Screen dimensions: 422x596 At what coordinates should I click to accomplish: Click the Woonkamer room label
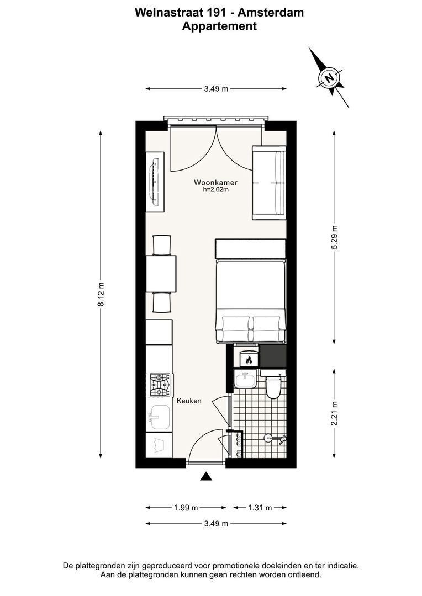tap(215, 183)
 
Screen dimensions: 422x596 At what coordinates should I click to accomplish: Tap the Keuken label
tap(189, 401)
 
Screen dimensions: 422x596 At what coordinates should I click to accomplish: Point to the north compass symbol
tap(329, 78)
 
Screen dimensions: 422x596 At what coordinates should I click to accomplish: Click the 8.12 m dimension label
tap(101, 294)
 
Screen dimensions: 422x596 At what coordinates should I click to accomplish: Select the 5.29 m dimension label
tap(334, 237)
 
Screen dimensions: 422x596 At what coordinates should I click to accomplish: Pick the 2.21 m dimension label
tap(334, 413)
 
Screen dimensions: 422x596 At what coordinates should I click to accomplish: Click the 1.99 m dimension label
tap(186, 508)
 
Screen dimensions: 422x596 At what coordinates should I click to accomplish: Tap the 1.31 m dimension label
tap(260, 508)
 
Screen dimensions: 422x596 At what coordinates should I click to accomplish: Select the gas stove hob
tap(160, 385)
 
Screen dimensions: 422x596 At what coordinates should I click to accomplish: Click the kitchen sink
tap(160, 417)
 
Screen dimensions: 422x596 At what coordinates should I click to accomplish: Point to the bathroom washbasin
tap(246, 379)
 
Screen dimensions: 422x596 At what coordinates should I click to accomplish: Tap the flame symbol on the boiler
tap(249, 359)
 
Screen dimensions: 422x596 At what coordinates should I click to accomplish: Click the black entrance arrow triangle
tap(206, 477)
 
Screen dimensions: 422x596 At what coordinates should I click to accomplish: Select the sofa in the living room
tap(268, 183)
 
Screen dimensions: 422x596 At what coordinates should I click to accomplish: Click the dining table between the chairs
tap(161, 274)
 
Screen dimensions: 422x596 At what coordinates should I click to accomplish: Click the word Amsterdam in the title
tap(271, 12)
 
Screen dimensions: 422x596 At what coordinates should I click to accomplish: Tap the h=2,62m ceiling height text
tap(216, 190)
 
